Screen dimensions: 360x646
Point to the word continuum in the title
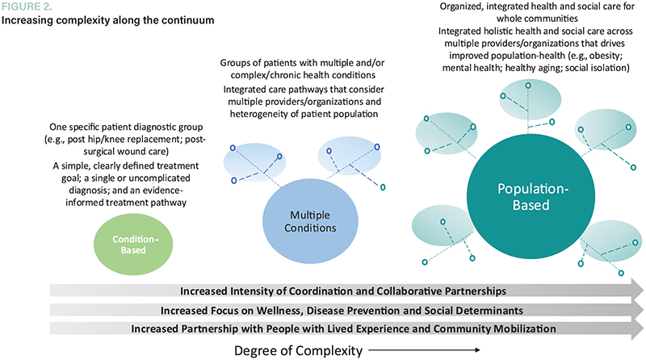(190, 19)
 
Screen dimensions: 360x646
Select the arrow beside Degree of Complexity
(441, 350)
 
